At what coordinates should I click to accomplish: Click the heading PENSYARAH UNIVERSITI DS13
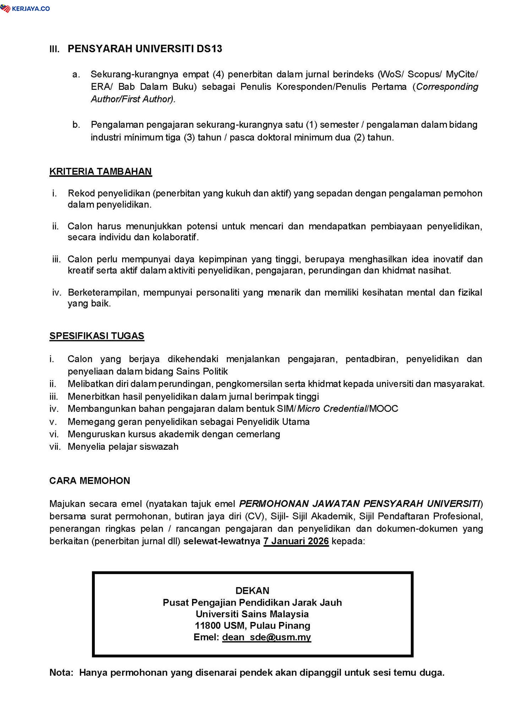click(145, 49)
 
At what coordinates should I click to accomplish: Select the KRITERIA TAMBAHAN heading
click(100, 171)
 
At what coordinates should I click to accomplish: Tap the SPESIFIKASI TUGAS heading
click(97, 336)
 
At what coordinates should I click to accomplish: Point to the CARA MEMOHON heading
click(89, 481)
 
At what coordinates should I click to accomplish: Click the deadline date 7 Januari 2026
click(296, 541)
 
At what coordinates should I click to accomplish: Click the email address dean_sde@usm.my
click(266, 637)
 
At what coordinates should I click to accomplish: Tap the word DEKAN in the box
click(252, 591)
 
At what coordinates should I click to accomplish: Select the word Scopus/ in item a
click(424, 75)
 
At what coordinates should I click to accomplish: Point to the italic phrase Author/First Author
click(133, 99)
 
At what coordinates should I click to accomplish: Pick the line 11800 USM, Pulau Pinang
click(252, 625)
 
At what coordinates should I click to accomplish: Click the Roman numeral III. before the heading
click(55, 49)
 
